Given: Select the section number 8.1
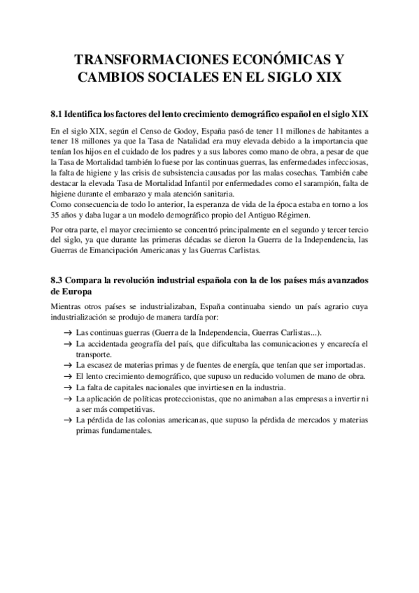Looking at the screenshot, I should coord(58,113).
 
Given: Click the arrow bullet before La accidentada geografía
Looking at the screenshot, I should coord(66,345).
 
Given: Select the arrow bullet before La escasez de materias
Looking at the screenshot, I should coord(66,366).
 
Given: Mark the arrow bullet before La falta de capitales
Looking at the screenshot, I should coord(66,387).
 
